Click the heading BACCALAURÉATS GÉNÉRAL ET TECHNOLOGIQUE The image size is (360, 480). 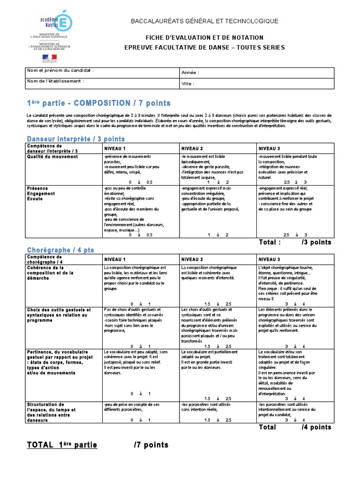click(204, 21)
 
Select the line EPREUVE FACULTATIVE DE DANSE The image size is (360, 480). click(204, 47)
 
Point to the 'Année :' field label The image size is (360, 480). click(190, 73)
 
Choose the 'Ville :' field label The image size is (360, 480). click(187, 84)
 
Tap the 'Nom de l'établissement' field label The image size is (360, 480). click(56, 81)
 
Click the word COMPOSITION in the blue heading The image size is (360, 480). click(102, 103)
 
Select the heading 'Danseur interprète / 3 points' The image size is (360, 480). click(76, 139)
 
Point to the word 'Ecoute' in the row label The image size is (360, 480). click(35, 199)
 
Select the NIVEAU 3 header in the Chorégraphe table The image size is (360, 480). click(270, 259)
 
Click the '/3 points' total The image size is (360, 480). click(316, 242)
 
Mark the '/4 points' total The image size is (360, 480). click(316, 427)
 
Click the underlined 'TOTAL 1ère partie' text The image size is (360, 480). click(62, 445)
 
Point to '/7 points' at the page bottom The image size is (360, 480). click(151, 445)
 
